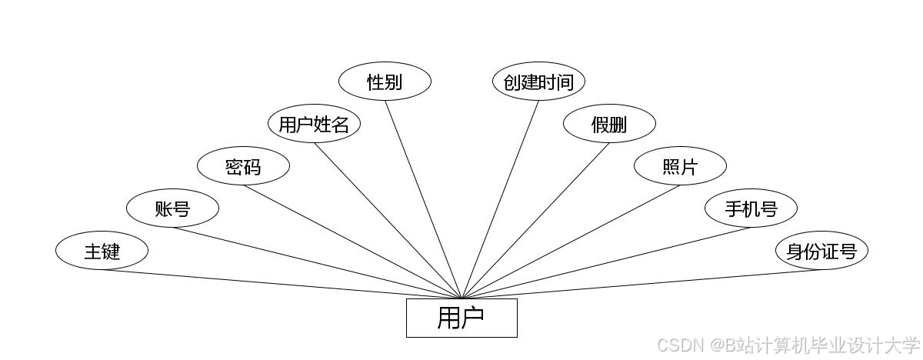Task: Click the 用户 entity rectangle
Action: [461, 318]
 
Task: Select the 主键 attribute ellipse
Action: [102, 251]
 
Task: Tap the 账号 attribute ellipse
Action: [172, 208]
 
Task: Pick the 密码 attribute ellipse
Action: [243, 166]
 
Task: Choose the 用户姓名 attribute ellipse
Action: [314, 124]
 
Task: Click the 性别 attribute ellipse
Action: [385, 82]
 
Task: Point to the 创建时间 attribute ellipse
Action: [538, 82]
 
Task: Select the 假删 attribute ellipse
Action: [609, 124]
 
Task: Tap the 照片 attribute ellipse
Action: [680, 166]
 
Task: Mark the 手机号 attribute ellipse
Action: [751, 208]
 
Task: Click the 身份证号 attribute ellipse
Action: [821, 251]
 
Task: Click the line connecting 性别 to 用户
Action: [423, 200]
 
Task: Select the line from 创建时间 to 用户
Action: [500, 200]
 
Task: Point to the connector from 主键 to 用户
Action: [282, 284]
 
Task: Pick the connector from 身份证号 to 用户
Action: [641, 284]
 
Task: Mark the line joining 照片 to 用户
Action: [571, 242]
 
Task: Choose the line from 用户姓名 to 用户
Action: [388, 222]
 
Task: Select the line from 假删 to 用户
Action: [535, 222]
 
